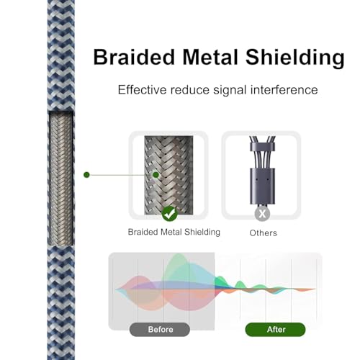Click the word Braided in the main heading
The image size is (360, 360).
(134, 57)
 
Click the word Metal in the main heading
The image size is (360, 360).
(210, 57)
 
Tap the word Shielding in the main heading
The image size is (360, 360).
(295, 58)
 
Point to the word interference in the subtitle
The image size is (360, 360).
(284, 90)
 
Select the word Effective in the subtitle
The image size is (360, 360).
(142, 90)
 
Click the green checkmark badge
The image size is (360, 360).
(170, 214)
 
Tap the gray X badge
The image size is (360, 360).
(262, 213)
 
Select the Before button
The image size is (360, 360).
(160, 329)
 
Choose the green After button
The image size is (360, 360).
(275, 329)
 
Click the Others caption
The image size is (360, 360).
(263, 233)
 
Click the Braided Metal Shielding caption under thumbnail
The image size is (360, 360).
(174, 232)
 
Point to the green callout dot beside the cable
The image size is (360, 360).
(86, 175)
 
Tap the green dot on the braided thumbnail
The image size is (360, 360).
(156, 175)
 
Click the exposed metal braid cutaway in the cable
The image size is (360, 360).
(61, 179)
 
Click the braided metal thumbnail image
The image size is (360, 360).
(168, 175)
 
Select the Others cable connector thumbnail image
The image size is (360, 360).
(262, 171)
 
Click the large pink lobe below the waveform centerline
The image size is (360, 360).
(189, 300)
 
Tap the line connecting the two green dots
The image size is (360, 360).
(121, 175)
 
